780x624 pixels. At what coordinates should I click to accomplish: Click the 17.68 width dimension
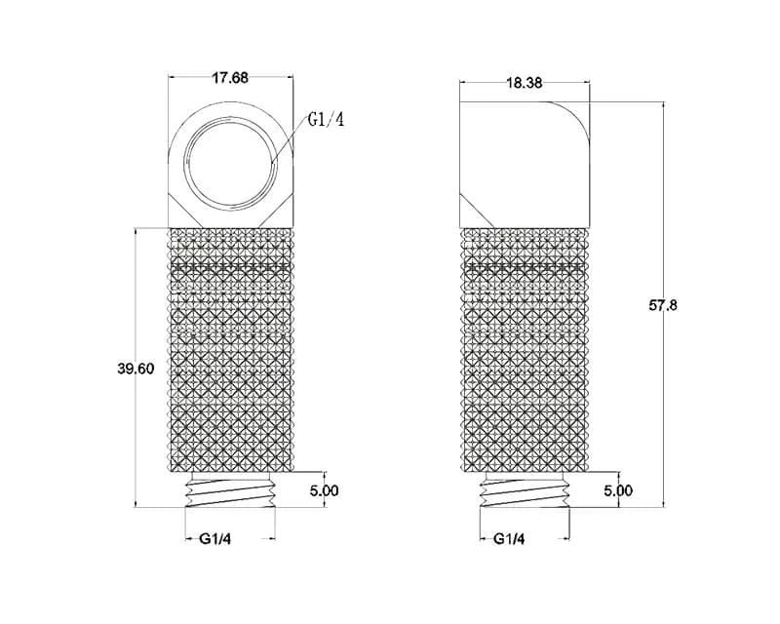pos(230,79)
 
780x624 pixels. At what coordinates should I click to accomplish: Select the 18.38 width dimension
pos(525,83)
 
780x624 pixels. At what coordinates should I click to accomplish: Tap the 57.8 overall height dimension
pos(663,305)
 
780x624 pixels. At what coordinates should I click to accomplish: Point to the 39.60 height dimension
pos(136,369)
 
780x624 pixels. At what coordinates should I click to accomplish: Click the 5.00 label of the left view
pos(324,490)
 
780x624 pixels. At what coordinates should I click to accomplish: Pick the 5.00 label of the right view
pos(618,490)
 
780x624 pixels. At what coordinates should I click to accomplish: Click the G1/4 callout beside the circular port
pos(327,120)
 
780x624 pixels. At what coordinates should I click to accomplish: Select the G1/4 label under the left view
pos(215,538)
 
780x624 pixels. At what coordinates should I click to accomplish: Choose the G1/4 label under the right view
pos(509,538)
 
